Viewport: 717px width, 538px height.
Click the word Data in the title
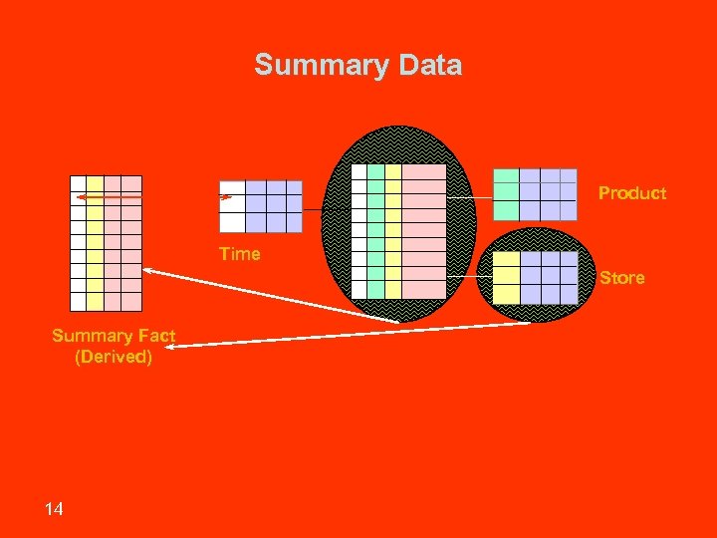click(430, 66)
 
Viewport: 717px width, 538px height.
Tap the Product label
click(632, 193)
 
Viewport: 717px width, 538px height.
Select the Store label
click(621, 278)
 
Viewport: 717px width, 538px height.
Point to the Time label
click(240, 254)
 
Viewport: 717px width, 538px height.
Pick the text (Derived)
click(114, 357)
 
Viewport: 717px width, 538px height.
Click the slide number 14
click(54, 509)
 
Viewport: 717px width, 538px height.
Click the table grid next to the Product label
click(535, 194)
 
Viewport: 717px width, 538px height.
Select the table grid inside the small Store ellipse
click(536, 277)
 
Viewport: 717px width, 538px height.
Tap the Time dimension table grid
click(260, 206)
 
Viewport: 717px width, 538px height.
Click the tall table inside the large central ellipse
click(398, 231)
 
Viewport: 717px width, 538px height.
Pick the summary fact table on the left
click(106, 243)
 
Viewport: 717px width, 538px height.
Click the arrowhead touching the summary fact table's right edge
click(147, 270)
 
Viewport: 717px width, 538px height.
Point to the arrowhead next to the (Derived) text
click(185, 345)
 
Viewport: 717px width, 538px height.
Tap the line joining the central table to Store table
click(469, 276)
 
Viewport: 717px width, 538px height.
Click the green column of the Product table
click(506, 194)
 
